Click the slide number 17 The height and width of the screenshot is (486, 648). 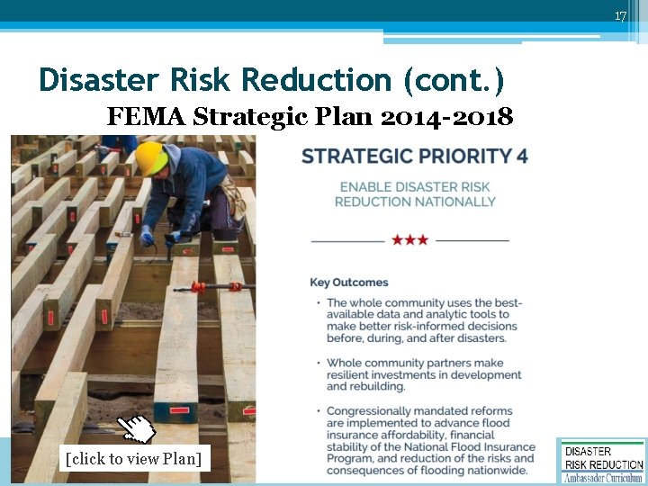tap(620, 16)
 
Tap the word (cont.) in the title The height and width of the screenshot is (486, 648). tap(454, 80)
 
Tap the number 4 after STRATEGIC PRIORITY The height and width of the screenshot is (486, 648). tap(522, 156)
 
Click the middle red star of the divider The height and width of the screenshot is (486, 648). tap(409, 240)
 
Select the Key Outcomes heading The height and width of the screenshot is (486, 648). tap(349, 283)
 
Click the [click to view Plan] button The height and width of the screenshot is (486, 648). tap(133, 458)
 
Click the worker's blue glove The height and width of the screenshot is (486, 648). tap(147, 236)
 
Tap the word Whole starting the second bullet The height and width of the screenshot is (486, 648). tap(345, 363)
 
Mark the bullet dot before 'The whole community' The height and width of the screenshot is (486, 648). tap(318, 303)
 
